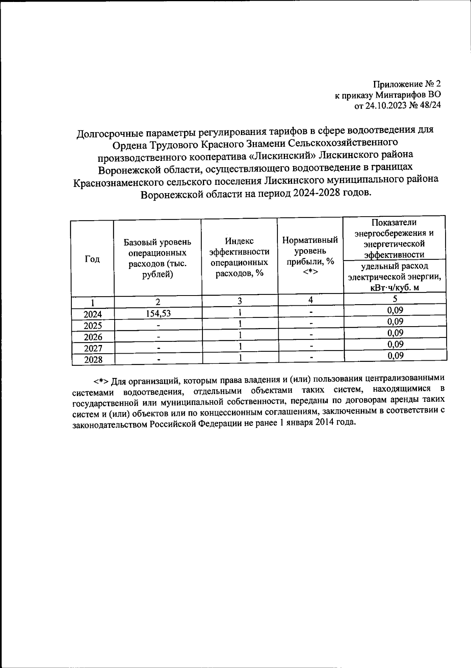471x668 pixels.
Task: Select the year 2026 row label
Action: coord(93,337)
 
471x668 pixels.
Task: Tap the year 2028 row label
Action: coord(93,360)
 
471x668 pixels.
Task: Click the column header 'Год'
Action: coord(93,259)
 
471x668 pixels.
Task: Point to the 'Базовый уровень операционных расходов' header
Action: coord(157,258)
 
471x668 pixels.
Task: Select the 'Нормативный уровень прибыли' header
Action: coord(310,255)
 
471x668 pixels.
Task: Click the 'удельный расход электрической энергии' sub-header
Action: coord(395,277)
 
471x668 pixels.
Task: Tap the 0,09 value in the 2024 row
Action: coord(395,310)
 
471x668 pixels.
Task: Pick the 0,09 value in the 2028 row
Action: coord(395,356)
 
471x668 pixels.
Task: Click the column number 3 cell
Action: coord(239,301)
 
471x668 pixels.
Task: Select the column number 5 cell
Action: coord(395,299)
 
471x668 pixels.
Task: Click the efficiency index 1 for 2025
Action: coord(239,324)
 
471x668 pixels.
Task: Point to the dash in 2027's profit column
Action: coord(310,347)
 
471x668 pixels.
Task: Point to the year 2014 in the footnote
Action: coord(323,423)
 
